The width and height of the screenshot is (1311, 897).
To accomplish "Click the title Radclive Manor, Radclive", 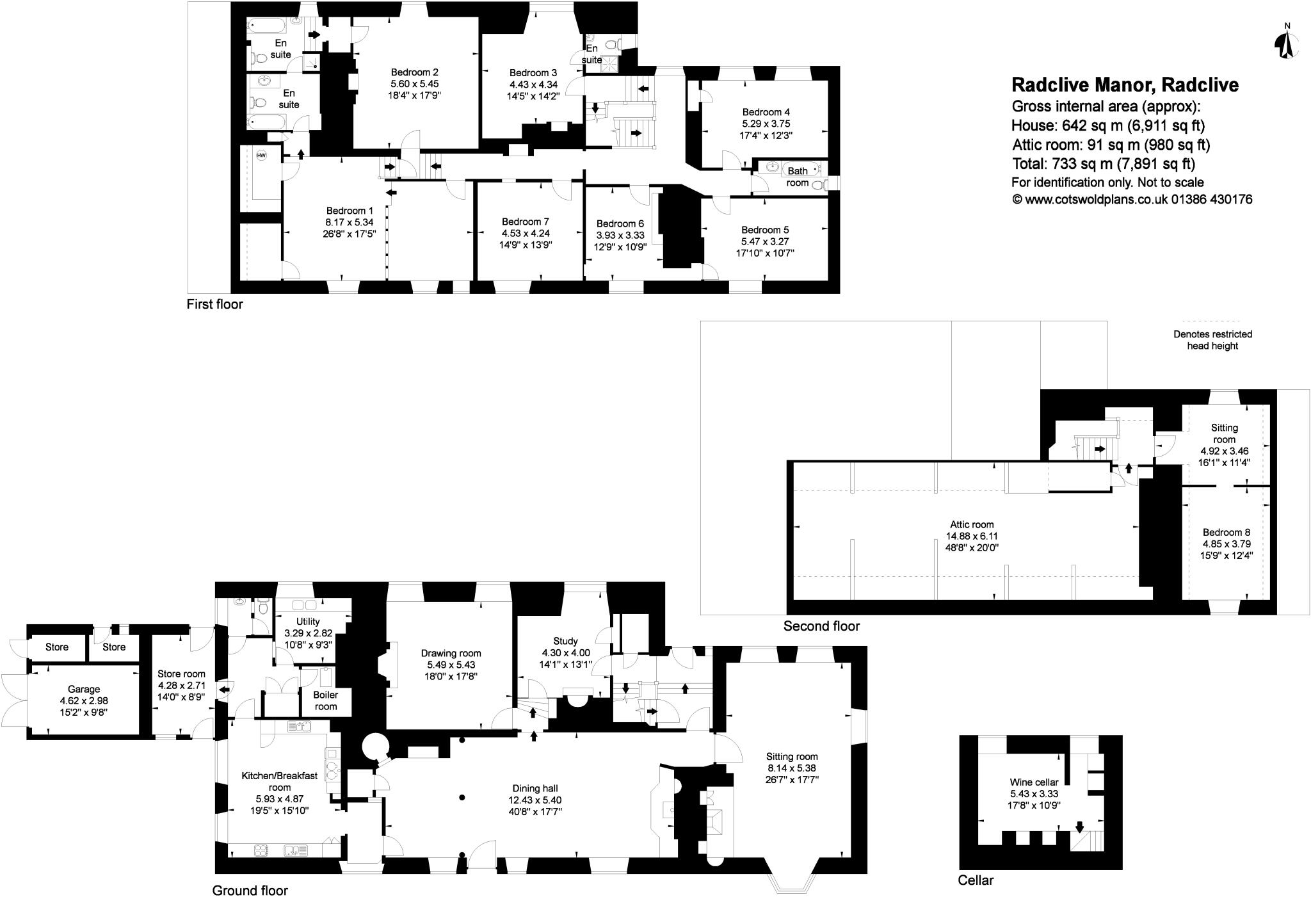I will pyautogui.click(x=1125, y=85).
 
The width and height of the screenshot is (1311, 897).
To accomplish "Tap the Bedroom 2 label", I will pyautogui.click(x=414, y=72).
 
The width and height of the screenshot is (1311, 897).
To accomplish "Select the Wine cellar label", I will pyautogui.click(x=1034, y=782).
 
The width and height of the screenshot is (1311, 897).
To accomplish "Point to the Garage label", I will pyautogui.click(x=84, y=689).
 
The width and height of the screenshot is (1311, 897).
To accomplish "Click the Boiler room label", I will pyautogui.click(x=325, y=700).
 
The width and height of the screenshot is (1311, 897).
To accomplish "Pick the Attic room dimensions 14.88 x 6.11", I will pyautogui.click(x=972, y=536).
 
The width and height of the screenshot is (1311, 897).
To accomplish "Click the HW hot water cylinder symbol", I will pyautogui.click(x=261, y=156).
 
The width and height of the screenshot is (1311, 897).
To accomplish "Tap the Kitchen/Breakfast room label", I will pyautogui.click(x=279, y=781).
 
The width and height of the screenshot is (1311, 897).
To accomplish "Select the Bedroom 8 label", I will pyautogui.click(x=1226, y=532).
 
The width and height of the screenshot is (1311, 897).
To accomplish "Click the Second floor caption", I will pyautogui.click(x=821, y=626).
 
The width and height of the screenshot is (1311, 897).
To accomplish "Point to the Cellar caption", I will pyautogui.click(x=976, y=880).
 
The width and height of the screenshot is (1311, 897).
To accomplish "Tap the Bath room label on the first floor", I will pyautogui.click(x=797, y=177).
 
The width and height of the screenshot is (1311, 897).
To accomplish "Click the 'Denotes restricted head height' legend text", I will pyautogui.click(x=1212, y=340).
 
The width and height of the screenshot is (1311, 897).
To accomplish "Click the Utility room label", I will pyautogui.click(x=308, y=621).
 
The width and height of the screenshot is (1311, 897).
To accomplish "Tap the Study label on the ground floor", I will pyautogui.click(x=565, y=641).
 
